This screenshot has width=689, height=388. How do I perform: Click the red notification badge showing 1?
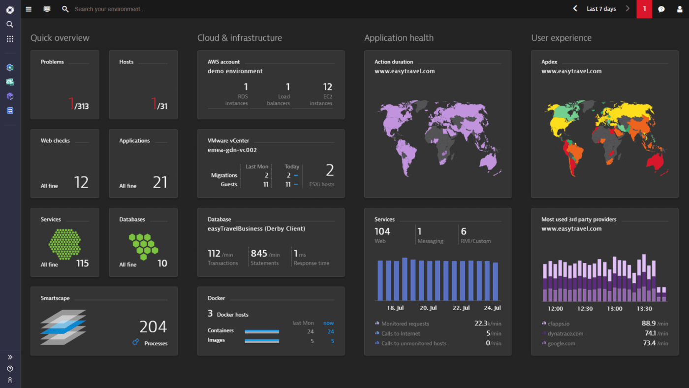(x=644, y=9)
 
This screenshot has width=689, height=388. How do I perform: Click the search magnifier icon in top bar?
(x=65, y=9)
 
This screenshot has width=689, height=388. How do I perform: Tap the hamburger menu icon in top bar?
(x=29, y=9)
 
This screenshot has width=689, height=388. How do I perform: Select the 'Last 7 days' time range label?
(x=601, y=9)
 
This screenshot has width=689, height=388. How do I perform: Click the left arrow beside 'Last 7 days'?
(x=575, y=8)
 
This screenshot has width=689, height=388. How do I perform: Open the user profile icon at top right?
(x=679, y=9)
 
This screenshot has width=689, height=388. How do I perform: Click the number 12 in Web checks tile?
(x=81, y=183)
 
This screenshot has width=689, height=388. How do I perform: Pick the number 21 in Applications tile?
(x=160, y=183)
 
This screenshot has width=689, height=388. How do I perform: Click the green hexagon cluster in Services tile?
(x=64, y=244)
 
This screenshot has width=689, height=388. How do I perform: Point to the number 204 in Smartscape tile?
(x=153, y=327)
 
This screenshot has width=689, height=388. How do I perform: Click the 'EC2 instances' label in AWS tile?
(x=321, y=100)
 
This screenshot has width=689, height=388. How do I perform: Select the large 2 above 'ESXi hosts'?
(x=330, y=170)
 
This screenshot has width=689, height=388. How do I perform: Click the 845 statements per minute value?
(x=259, y=254)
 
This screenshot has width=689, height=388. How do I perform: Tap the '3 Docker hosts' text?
(x=228, y=314)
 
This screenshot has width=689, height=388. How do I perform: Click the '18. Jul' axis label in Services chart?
(x=395, y=308)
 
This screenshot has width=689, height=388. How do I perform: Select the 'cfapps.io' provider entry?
(x=559, y=323)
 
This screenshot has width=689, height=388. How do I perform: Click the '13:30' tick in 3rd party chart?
(x=644, y=309)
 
